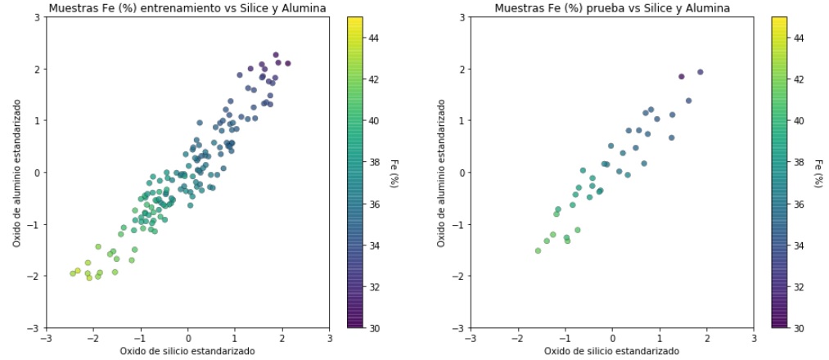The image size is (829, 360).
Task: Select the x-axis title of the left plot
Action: pos(187,351)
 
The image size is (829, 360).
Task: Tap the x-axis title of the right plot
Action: pos(611,351)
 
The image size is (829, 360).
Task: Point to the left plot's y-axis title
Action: pos(16,173)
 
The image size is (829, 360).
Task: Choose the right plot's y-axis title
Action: pos(441,173)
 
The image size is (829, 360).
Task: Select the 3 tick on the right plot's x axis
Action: pos(754,337)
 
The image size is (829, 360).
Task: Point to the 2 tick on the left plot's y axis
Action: pos(38,69)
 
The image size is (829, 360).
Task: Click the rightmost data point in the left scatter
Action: pos(287,63)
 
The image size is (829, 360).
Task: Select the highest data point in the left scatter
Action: pos(276,55)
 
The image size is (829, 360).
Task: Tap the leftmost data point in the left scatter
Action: pos(73,273)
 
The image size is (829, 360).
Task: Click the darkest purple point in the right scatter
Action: pos(681,76)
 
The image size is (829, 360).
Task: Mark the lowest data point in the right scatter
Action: pos(538,250)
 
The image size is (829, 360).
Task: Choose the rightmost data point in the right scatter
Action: pos(700,72)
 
